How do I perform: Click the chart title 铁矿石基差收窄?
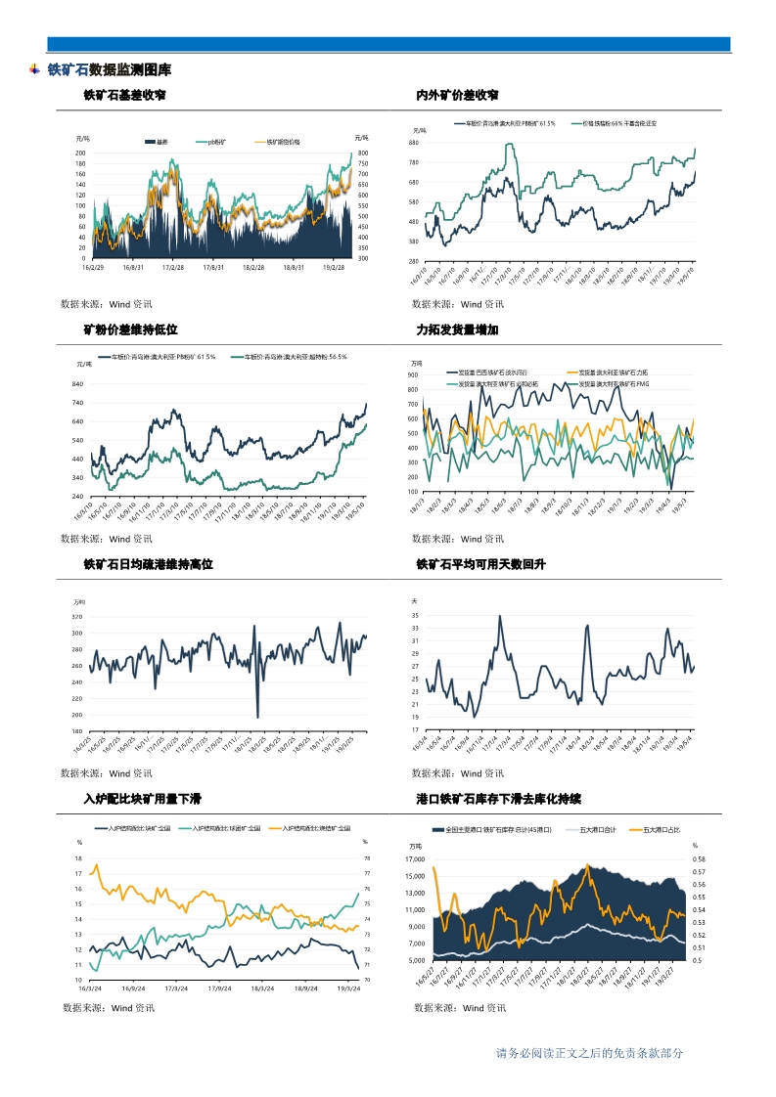point(124,96)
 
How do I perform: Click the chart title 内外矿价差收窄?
point(457,96)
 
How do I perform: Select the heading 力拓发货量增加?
point(457,330)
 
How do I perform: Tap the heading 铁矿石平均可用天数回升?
point(479,565)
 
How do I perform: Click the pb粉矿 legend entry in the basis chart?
point(212,142)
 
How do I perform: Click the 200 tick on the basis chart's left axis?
point(81,154)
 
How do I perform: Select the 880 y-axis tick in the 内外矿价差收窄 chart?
point(415,143)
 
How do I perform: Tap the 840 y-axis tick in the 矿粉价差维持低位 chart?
point(77,384)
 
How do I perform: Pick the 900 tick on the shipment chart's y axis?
point(413,374)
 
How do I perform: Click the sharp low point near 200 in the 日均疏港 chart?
point(257,717)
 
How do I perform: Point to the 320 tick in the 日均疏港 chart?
point(77,617)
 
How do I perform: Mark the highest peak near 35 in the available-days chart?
point(500,616)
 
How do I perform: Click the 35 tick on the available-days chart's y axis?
point(415,616)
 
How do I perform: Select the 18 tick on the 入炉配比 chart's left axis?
point(78,857)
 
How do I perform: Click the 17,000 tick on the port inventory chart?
point(417,858)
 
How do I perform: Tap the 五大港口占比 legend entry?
point(661,829)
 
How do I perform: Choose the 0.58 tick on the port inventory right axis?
point(699,858)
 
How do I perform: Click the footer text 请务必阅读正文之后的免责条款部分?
point(589,1053)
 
